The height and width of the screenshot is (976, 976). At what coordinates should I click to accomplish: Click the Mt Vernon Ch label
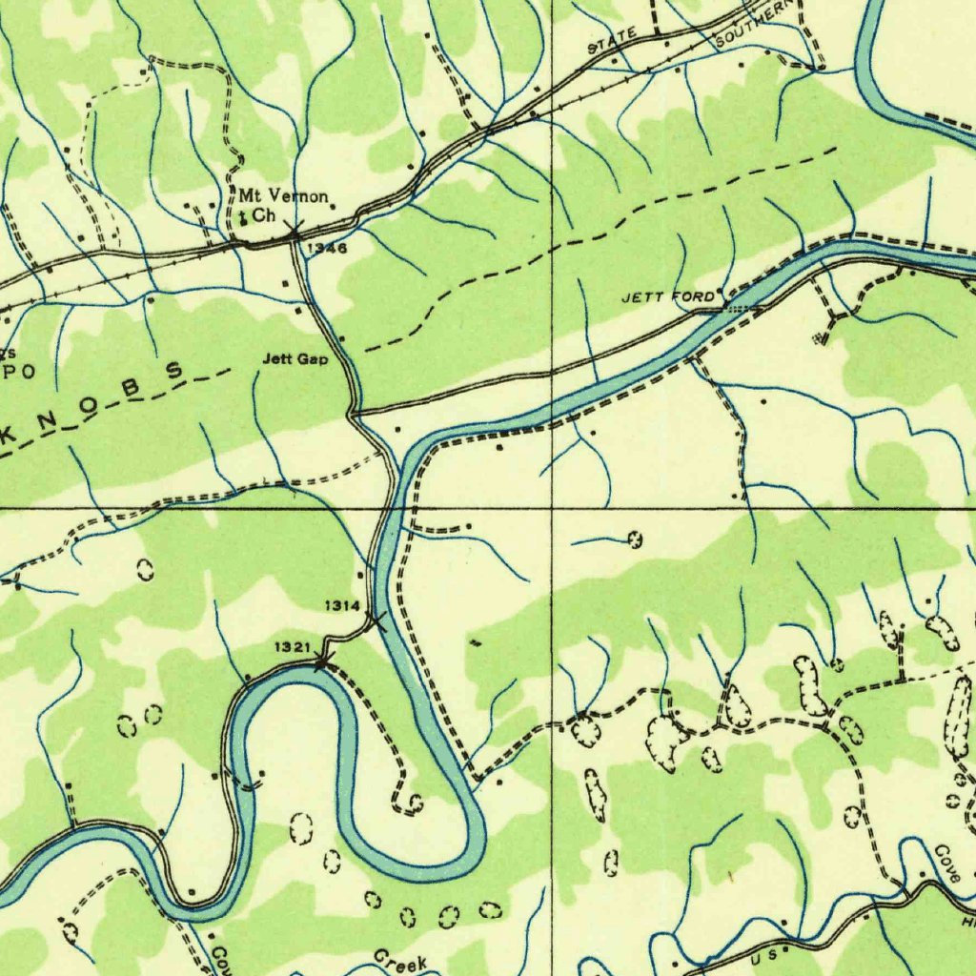pos(283,206)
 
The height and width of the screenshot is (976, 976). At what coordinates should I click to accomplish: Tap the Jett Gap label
pos(295,359)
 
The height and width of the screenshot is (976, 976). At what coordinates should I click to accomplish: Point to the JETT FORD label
pos(666,298)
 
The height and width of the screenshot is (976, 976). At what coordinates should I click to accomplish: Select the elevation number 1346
pos(327,248)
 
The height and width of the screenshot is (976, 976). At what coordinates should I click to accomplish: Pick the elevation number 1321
pos(293,648)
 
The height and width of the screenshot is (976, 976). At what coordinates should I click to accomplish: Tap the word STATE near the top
pos(611,41)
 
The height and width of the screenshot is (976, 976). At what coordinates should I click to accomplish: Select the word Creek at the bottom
pos(400,963)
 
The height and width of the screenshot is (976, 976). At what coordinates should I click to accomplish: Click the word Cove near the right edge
pos(946,863)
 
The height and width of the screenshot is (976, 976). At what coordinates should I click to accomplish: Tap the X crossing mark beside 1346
pos(295,232)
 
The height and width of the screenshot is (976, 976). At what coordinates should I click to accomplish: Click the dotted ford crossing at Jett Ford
pos(739,307)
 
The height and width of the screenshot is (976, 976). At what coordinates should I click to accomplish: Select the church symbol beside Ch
pos(243,218)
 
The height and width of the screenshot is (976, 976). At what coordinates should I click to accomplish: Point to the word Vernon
pos(297,197)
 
